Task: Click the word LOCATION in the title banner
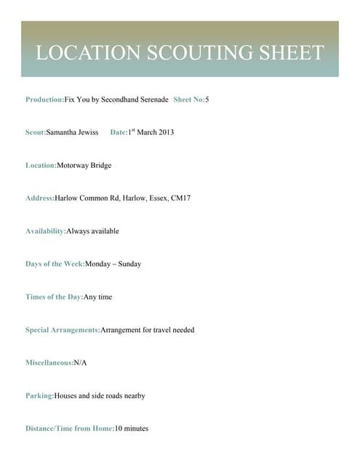[x=87, y=52]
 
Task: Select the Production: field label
[x=45, y=99]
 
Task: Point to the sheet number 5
[x=207, y=99]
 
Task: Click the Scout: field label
[x=36, y=132]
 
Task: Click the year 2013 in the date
[x=165, y=132]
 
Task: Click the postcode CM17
[x=180, y=198]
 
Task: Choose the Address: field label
[x=40, y=198]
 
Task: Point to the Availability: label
[x=45, y=231]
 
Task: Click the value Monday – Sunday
[x=113, y=264]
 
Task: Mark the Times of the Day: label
[x=55, y=296]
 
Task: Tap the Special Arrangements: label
[x=63, y=330]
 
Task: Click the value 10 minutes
[x=132, y=429]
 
